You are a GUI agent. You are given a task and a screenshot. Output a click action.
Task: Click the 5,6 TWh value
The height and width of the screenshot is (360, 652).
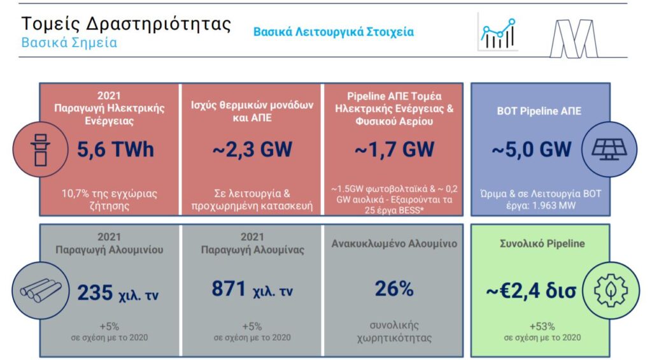click(x=115, y=149)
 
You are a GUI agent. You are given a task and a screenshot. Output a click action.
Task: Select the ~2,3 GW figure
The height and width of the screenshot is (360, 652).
click(x=252, y=149)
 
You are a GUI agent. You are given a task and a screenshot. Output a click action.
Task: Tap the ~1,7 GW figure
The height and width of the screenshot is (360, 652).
click(x=394, y=149)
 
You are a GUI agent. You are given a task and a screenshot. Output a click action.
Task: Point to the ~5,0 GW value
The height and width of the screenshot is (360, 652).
click(x=532, y=149)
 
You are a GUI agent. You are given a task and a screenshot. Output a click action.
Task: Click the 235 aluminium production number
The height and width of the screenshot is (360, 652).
click(x=95, y=292)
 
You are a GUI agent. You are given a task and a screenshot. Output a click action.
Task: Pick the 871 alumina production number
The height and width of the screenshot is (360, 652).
click(x=229, y=288)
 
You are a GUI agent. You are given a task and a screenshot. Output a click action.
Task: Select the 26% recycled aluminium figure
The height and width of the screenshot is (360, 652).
click(x=394, y=289)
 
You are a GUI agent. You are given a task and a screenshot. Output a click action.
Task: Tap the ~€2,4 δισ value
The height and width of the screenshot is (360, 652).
click(x=531, y=291)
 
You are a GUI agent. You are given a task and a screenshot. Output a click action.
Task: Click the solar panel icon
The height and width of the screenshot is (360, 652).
click(x=609, y=149)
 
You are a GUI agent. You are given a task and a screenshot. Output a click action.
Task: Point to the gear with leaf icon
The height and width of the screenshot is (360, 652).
click(x=611, y=290)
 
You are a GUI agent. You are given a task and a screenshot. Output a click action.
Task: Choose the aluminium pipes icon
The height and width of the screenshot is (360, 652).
click(x=41, y=290)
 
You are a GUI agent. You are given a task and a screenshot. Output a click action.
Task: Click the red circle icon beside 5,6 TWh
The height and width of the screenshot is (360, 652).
click(x=40, y=149)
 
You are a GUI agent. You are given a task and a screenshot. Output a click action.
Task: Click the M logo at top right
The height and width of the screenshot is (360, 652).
click(x=574, y=38)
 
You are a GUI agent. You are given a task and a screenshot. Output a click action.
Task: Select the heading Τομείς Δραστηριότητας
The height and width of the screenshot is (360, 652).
click(x=126, y=24)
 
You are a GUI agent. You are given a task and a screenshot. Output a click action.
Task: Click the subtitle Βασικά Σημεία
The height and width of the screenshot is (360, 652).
click(x=69, y=43)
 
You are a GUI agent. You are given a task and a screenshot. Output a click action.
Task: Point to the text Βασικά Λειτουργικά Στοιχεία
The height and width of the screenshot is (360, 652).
click(x=334, y=32)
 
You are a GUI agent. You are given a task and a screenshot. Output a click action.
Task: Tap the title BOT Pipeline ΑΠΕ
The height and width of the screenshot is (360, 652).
click(x=539, y=111)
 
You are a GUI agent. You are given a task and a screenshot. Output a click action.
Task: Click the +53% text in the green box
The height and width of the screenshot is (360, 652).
click(x=542, y=326)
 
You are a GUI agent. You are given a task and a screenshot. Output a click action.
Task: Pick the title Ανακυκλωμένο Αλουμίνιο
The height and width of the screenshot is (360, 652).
click(x=394, y=244)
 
